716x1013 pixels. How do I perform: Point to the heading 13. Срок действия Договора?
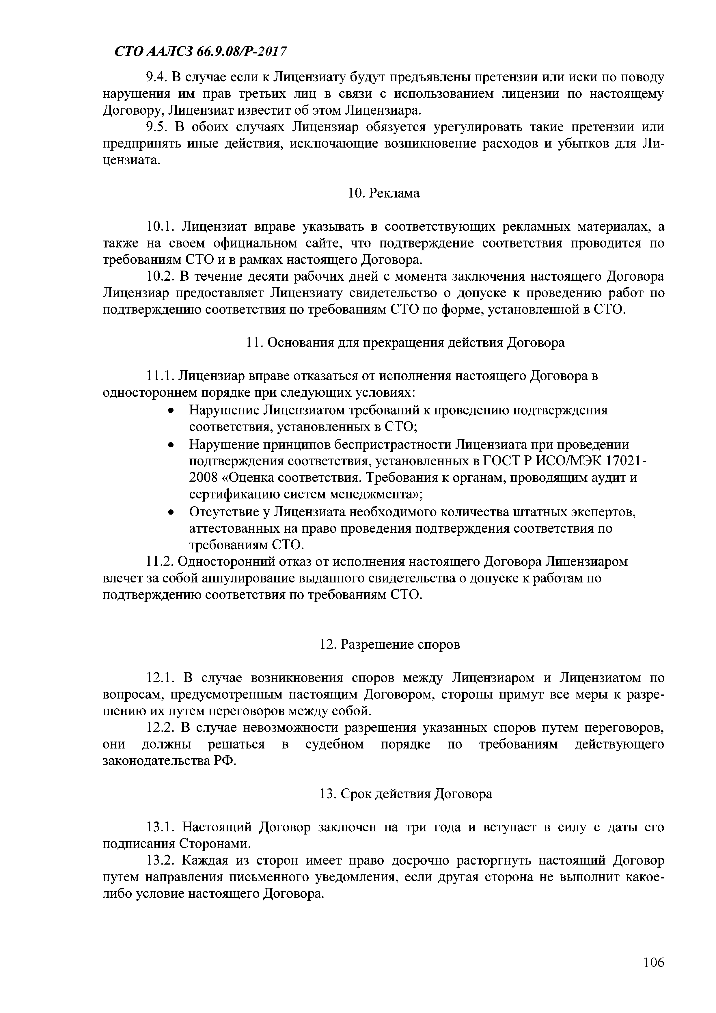(405, 794)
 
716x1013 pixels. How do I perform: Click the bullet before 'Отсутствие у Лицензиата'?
(171, 513)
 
